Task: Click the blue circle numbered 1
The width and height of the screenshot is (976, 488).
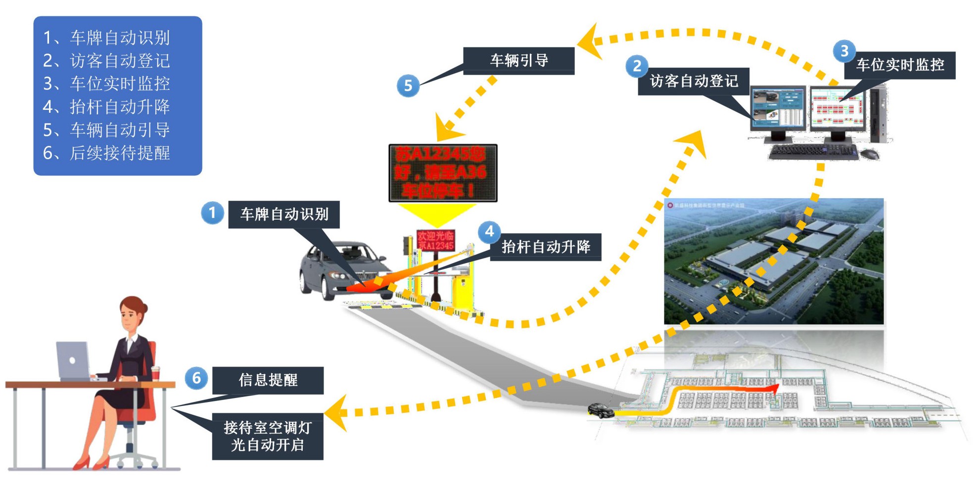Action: pos(212,213)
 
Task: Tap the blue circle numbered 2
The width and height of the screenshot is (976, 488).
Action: pos(637,66)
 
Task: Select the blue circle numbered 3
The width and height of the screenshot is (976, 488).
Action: pos(844,51)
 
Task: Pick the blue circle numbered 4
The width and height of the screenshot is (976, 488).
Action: pos(489,231)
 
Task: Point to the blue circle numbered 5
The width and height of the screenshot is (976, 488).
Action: pos(408,86)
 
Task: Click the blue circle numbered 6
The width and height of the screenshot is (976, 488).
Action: pos(196,378)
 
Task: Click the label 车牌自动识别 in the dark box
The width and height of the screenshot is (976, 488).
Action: pos(284,214)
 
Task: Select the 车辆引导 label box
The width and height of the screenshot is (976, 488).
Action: pos(518,60)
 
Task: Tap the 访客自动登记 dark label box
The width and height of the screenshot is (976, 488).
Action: pos(694,81)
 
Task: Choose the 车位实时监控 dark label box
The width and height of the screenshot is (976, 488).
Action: pos(900,65)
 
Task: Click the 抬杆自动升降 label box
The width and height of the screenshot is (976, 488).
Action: pos(546,247)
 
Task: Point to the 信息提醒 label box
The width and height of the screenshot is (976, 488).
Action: pos(268,380)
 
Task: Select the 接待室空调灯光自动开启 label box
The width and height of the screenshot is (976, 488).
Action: pos(268,436)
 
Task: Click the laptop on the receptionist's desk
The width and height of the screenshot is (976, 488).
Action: pos(73,361)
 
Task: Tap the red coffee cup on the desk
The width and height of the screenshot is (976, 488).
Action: pos(155,374)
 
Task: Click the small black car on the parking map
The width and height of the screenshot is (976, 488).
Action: pos(601,410)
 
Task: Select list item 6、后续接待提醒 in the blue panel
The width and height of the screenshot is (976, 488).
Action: pos(106,153)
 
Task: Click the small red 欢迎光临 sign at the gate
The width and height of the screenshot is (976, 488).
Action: pos(435,240)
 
